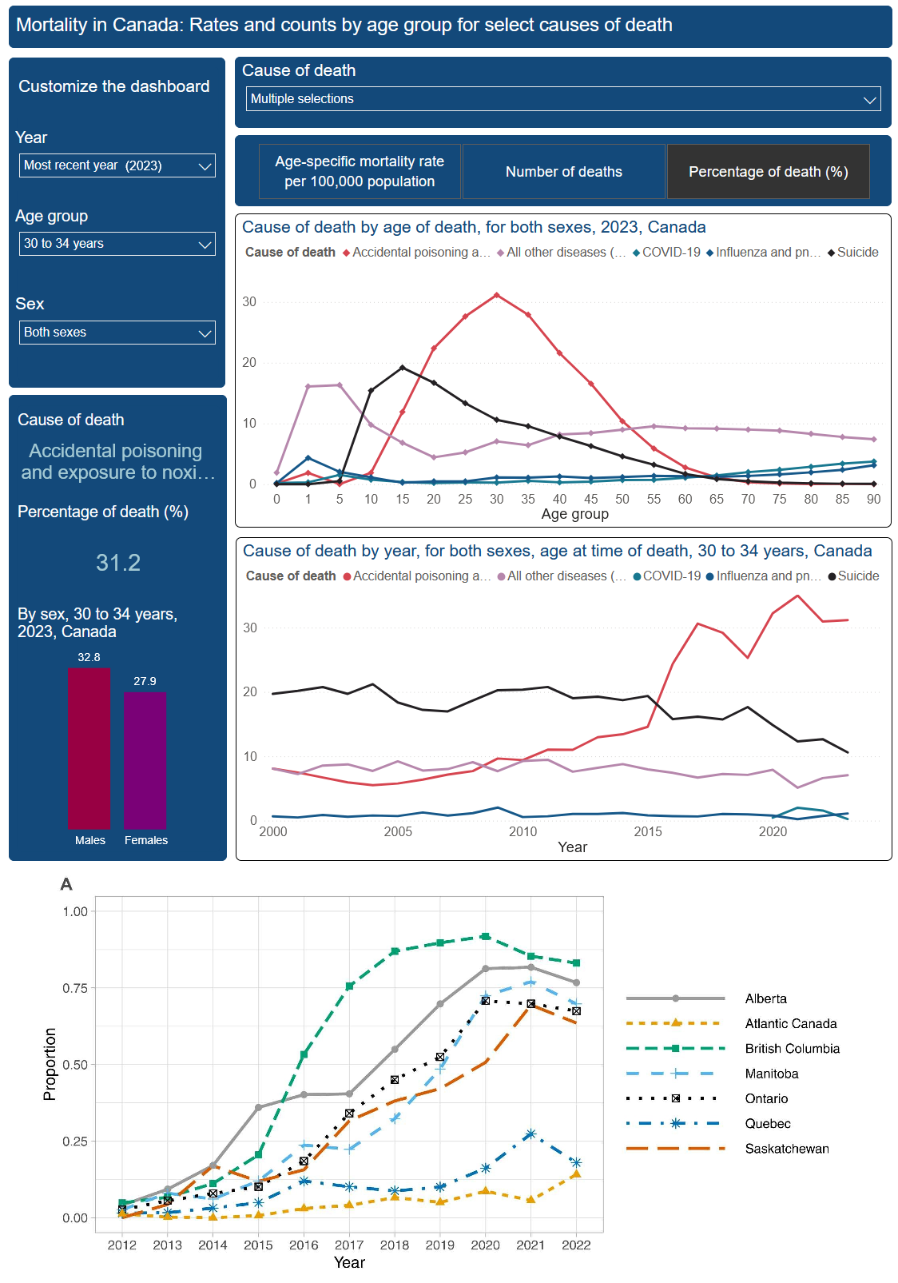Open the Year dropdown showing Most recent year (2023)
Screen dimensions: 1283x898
tap(117, 165)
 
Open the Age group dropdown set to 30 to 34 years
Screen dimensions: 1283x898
tap(117, 244)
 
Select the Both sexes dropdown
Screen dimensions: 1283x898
tap(117, 333)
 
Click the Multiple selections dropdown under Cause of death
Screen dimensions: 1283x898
tap(562, 99)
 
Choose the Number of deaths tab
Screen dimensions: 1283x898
tap(563, 172)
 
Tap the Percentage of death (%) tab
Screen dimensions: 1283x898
tap(768, 172)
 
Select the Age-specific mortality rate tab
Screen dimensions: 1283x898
tap(360, 172)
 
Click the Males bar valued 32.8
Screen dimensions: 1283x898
tap(89, 748)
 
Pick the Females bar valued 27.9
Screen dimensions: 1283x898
tap(145, 760)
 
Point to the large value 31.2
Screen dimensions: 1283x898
tap(118, 563)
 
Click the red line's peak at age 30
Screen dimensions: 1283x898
tap(497, 295)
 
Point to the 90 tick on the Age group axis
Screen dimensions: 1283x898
tap(873, 500)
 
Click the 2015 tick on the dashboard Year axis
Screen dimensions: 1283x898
tap(648, 832)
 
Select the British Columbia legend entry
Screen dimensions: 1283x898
tap(792, 1049)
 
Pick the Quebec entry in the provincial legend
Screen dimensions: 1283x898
tap(768, 1124)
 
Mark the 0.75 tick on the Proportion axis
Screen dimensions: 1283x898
tap(75, 988)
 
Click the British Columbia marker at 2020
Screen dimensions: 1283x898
tap(486, 936)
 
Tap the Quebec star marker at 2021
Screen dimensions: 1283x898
tap(530, 1134)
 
